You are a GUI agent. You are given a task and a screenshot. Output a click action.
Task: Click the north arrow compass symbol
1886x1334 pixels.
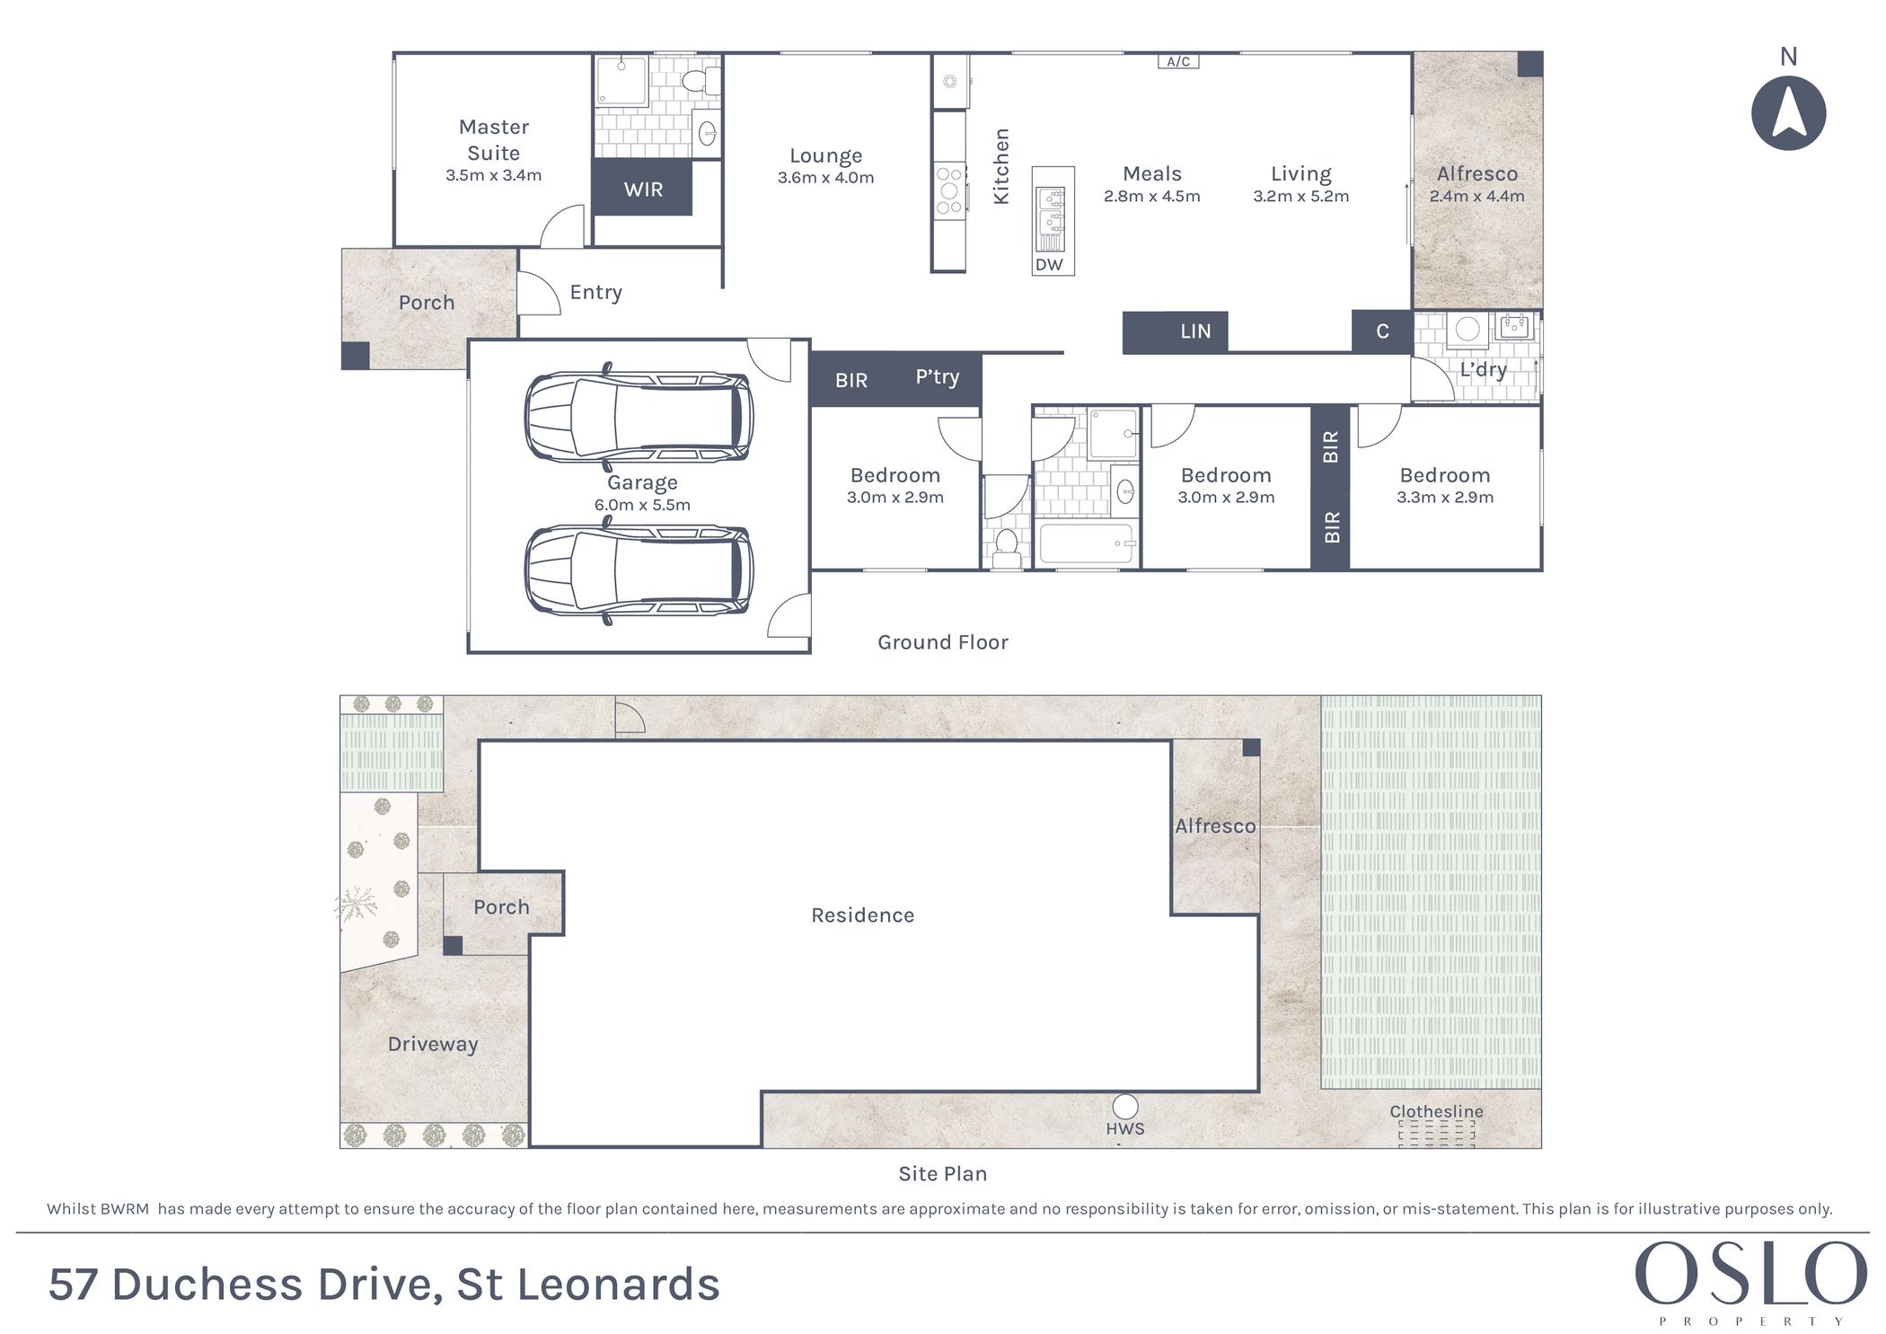pyautogui.click(x=1788, y=112)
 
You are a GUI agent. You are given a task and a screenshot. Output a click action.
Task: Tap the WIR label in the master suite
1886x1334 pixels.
pyautogui.click(x=643, y=190)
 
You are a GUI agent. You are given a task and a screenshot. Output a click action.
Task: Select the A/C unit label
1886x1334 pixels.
pyautogui.click(x=1178, y=62)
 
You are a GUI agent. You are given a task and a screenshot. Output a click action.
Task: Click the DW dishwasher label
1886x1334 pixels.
pyautogui.click(x=1049, y=264)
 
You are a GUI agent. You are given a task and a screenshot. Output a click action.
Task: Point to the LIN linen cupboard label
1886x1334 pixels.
pyautogui.click(x=1195, y=331)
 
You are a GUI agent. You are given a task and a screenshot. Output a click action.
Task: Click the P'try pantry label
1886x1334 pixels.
pyautogui.click(x=937, y=377)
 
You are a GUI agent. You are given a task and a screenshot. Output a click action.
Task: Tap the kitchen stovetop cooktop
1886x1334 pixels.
pyautogui.click(x=949, y=190)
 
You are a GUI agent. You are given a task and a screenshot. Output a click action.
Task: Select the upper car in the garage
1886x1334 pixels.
pyautogui.click(x=639, y=413)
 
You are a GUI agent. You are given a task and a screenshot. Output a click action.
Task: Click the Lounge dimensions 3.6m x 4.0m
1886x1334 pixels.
pyautogui.click(x=825, y=178)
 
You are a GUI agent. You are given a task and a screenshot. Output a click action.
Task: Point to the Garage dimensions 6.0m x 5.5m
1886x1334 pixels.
pyautogui.click(x=642, y=505)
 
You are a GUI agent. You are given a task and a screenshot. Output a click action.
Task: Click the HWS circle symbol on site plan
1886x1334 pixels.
pyautogui.click(x=1124, y=1107)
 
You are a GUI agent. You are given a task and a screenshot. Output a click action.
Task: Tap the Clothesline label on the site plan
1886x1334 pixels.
pyautogui.click(x=1436, y=1111)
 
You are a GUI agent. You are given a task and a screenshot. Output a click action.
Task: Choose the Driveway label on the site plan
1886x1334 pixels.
pyautogui.click(x=433, y=1045)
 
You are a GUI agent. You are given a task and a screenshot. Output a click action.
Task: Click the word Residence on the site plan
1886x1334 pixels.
pyautogui.click(x=862, y=915)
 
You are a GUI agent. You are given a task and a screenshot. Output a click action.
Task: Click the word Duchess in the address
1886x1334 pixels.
pyautogui.click(x=207, y=1285)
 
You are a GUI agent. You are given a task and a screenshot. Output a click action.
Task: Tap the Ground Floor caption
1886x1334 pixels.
pyautogui.click(x=943, y=642)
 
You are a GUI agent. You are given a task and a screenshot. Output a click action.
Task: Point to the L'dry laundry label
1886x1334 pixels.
pyautogui.click(x=1483, y=369)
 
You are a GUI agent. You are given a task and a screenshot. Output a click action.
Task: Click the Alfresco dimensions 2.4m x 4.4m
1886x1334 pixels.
pyautogui.click(x=1476, y=196)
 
